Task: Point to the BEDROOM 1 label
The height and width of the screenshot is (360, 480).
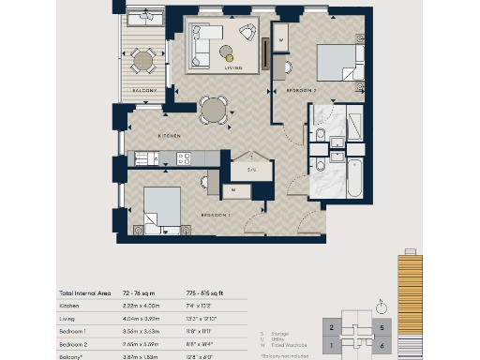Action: (216, 215)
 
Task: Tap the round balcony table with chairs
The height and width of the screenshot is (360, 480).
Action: (142, 63)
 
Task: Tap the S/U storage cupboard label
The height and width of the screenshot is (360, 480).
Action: (250, 170)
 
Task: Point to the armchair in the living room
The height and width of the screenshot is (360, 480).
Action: (247, 36)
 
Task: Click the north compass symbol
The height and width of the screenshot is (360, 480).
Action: (381, 306)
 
